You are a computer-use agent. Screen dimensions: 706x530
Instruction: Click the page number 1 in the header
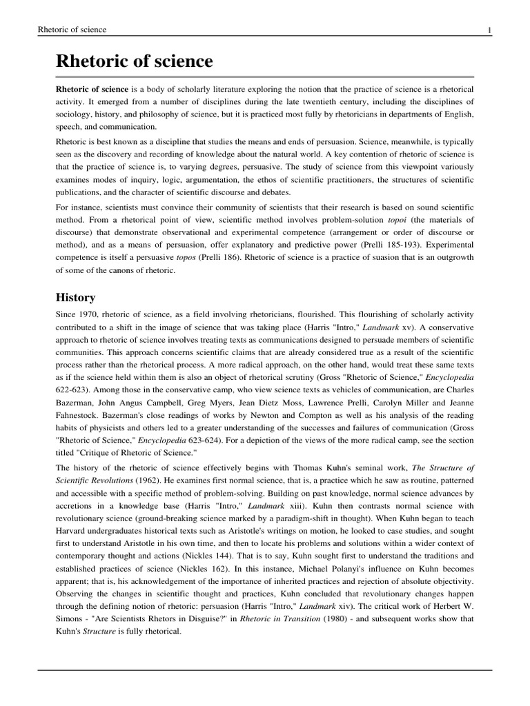(489, 30)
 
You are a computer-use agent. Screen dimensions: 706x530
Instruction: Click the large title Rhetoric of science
(134, 61)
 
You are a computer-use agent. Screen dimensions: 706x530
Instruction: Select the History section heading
(75, 298)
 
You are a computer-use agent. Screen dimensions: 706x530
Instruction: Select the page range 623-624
(204, 441)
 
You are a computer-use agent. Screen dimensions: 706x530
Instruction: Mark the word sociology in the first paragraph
(79, 114)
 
